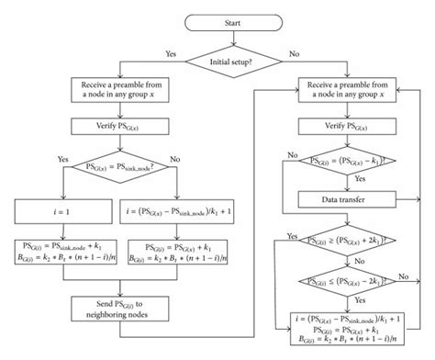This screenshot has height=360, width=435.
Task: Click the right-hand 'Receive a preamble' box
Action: [x=355, y=89]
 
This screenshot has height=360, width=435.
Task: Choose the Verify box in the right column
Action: [x=355, y=128]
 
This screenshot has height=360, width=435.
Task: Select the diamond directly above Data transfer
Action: [x=355, y=162]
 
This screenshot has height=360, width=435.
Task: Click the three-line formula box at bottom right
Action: [x=355, y=327]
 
